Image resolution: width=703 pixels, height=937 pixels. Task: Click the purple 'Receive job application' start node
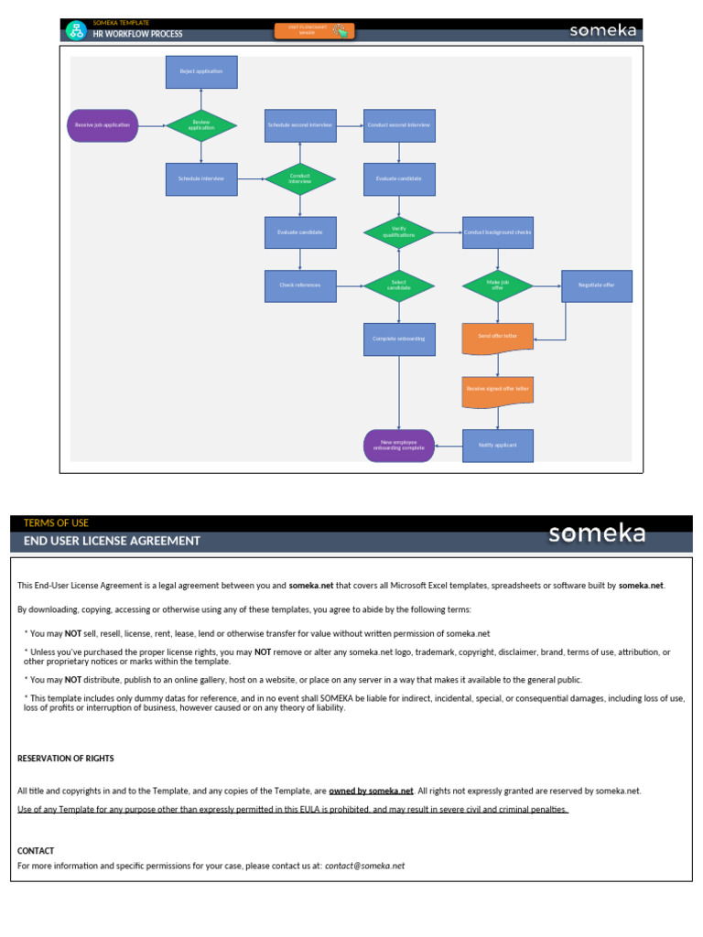click(103, 125)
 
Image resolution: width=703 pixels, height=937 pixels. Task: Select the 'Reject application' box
click(201, 71)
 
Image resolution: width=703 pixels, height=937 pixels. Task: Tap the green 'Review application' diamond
click(201, 125)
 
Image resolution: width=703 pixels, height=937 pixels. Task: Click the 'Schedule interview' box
click(201, 178)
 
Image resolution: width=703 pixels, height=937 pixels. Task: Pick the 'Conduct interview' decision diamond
click(300, 178)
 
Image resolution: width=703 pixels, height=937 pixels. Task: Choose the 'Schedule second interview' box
click(300, 125)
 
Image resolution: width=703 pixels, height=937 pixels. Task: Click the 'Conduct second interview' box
click(399, 125)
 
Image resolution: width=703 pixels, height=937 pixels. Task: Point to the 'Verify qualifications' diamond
click(399, 232)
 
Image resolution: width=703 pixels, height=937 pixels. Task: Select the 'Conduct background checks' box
click(498, 232)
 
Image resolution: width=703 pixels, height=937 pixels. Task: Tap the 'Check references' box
click(300, 285)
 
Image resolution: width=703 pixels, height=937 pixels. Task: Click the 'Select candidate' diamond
click(399, 285)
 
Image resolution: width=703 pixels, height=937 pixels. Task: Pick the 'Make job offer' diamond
click(498, 285)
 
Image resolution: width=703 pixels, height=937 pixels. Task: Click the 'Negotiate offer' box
click(597, 285)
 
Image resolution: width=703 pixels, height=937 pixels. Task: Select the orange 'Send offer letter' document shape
click(498, 337)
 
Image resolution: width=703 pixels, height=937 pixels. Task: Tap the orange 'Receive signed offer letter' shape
click(498, 390)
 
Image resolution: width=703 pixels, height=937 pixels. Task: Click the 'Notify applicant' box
click(498, 446)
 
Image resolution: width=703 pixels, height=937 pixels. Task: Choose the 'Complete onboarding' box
click(399, 339)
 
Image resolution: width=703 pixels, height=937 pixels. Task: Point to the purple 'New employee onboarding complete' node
click(399, 446)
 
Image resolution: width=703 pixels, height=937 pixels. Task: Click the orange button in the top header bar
click(314, 31)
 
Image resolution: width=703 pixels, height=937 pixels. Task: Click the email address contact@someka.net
click(364, 866)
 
